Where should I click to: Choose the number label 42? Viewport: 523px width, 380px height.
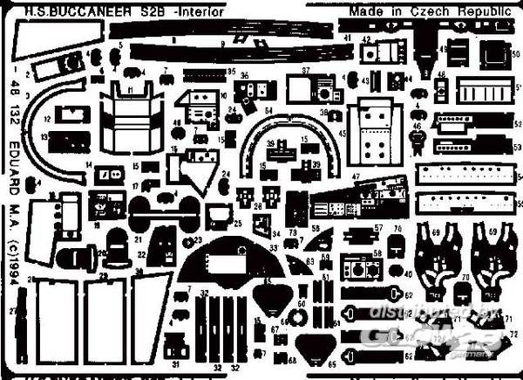click(x=368, y=40)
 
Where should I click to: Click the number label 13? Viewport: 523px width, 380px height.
click(x=43, y=137)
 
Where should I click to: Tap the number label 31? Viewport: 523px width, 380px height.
click(x=175, y=364)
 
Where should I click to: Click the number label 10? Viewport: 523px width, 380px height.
click(x=225, y=95)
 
